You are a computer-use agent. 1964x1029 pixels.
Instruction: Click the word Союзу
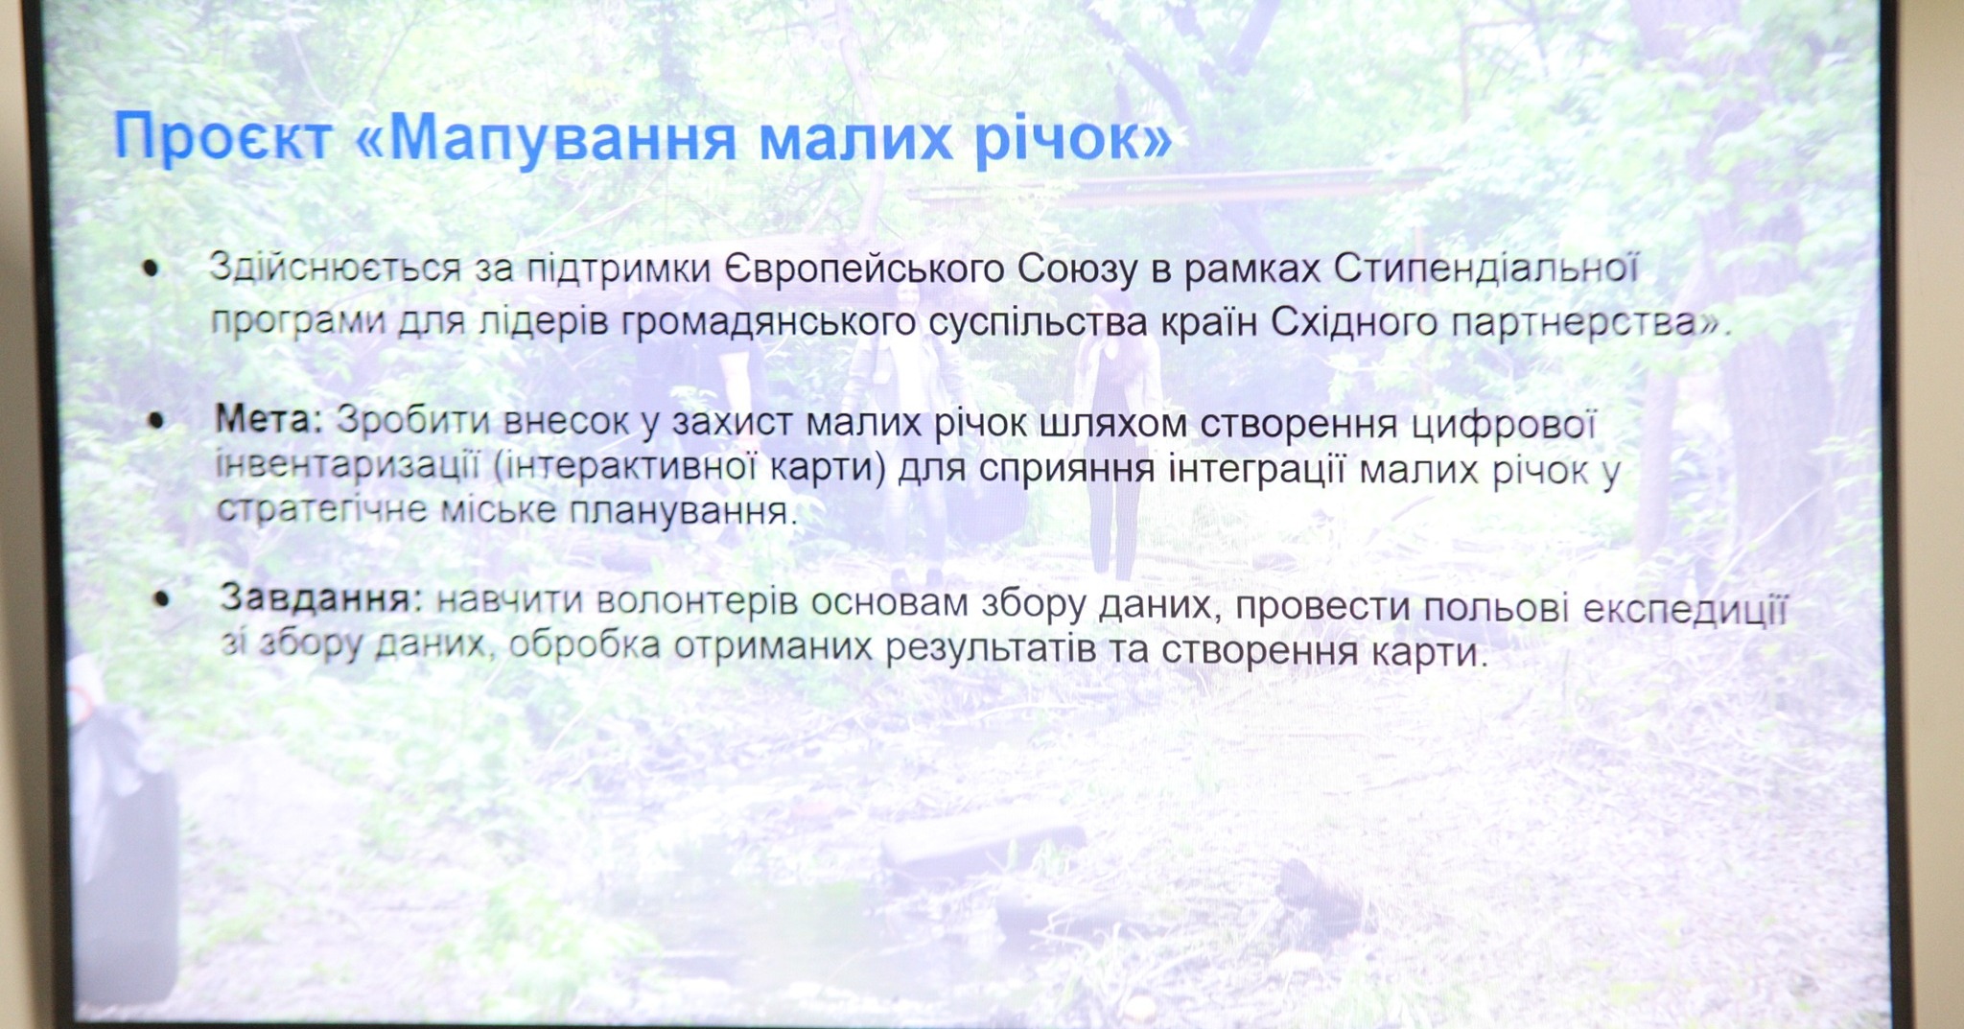coord(1077,270)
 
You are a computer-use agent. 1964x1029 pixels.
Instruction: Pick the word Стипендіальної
coord(1485,269)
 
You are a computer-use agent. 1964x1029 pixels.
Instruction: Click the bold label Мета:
coord(270,419)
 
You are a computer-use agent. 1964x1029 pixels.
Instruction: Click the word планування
coord(683,511)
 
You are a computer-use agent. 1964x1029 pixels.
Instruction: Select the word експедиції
coord(1685,610)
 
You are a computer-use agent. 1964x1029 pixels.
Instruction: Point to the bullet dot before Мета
coord(156,420)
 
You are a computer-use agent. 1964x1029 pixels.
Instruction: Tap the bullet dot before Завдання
coord(161,599)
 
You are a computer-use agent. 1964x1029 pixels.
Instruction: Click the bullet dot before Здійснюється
coord(150,269)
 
